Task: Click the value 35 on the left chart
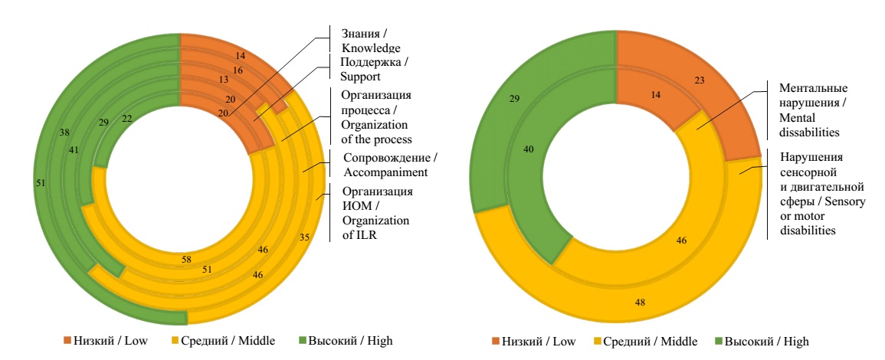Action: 303,237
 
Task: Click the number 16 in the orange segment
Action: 238,70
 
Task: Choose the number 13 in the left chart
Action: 223,79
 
